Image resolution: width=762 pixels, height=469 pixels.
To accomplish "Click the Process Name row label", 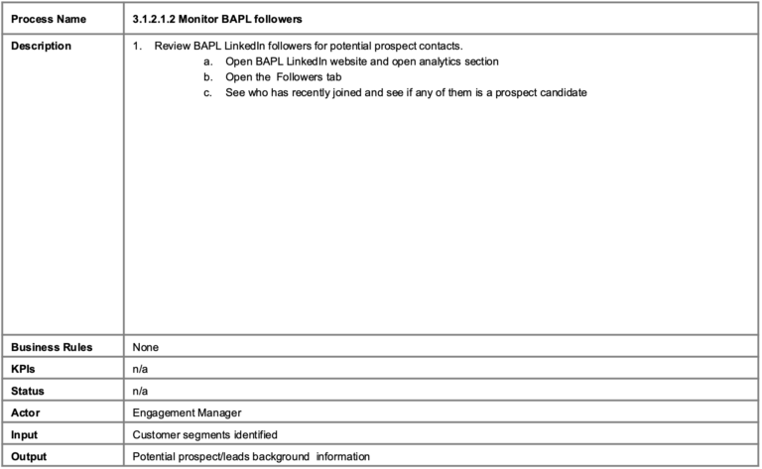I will pyautogui.click(x=48, y=20).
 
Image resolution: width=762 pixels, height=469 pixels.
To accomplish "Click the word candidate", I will pyautogui.click(x=562, y=93).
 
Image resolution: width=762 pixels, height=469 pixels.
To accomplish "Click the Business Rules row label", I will pyautogui.click(x=52, y=347).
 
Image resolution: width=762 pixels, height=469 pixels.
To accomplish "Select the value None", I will pyautogui.click(x=146, y=347).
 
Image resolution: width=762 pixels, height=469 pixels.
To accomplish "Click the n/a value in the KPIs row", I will pyautogui.click(x=140, y=369).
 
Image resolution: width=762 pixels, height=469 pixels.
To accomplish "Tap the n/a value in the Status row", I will pyautogui.click(x=140, y=391).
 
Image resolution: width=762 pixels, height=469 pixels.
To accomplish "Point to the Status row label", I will pyautogui.click(x=28, y=391).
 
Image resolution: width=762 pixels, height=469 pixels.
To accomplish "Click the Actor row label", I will pyautogui.click(x=26, y=412).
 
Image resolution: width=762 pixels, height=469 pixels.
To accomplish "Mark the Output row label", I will pyautogui.click(x=29, y=456).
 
